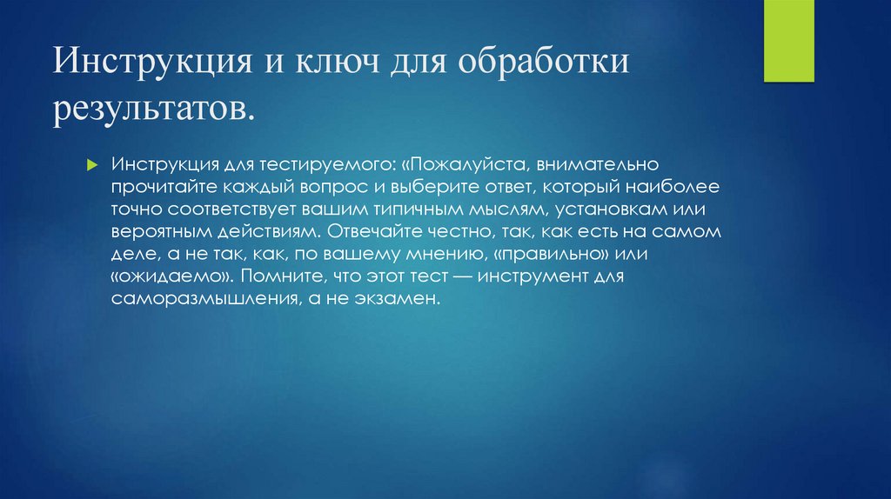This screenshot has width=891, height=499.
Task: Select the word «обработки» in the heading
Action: [x=538, y=67]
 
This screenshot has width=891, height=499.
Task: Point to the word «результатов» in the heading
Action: [x=156, y=109]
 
